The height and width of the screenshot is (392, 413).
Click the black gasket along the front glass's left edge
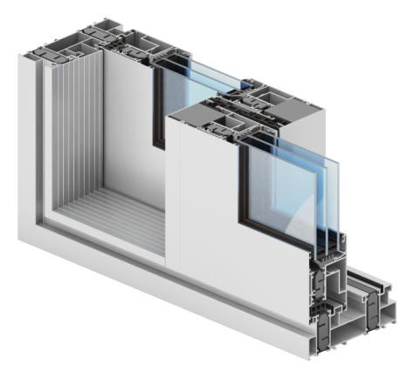241,183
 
